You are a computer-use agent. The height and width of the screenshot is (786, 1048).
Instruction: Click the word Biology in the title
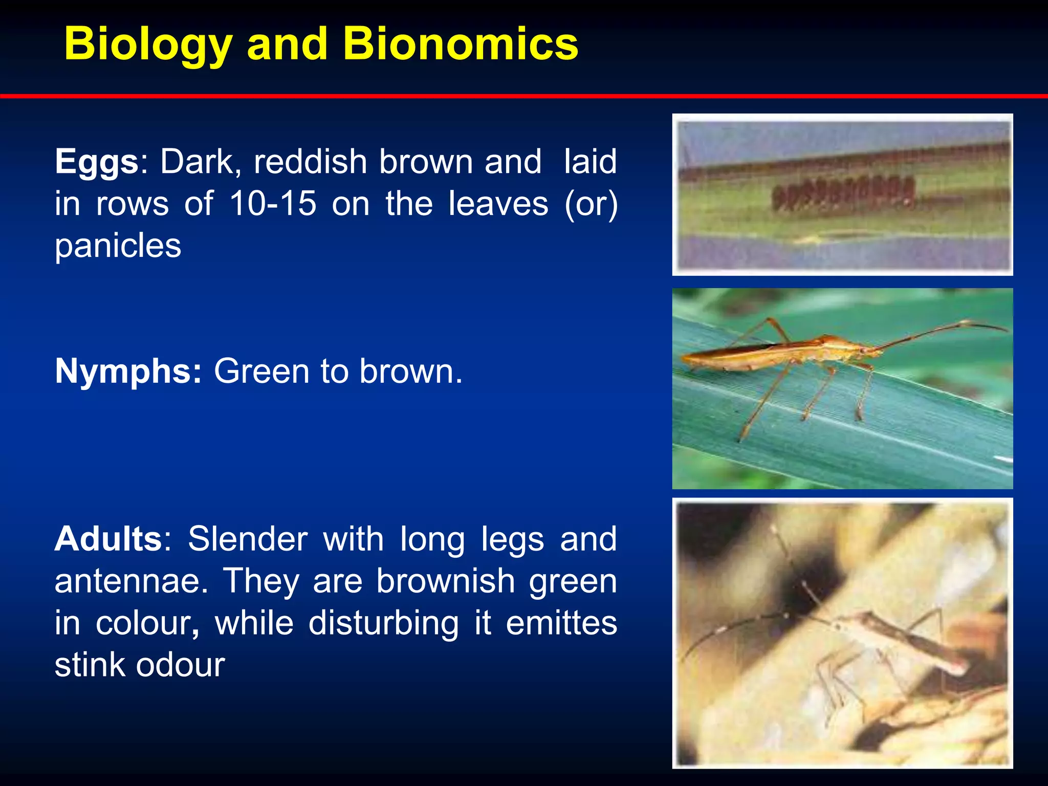(148, 45)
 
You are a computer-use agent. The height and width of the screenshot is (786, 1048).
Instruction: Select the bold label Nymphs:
(128, 371)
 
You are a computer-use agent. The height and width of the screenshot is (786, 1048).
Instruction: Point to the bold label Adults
(108, 539)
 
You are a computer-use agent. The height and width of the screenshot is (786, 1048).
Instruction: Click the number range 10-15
(273, 204)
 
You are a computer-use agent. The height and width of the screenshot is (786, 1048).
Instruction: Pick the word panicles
(118, 247)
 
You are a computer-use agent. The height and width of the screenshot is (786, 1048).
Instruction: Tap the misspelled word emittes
(561, 623)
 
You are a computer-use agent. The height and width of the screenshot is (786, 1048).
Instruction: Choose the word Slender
(247, 539)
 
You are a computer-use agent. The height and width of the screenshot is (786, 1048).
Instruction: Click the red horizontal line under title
(524, 96)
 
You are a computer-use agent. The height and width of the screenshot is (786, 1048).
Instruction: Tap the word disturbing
(383, 623)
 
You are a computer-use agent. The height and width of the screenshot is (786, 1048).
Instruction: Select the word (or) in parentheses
(591, 204)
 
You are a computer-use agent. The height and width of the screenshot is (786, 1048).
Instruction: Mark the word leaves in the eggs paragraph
(498, 204)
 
